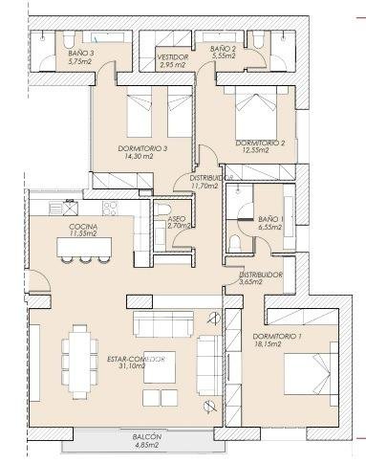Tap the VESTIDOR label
pyautogui.click(x=173, y=57)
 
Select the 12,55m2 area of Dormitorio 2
pyautogui.click(x=256, y=150)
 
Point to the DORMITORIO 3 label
pyautogui.click(x=142, y=148)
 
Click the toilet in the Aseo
pyautogui.click(x=162, y=209)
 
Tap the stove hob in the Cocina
pyautogui.click(x=110, y=209)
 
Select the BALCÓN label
pyautogui.click(x=146, y=437)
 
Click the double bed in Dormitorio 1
pyautogui.click(x=311, y=373)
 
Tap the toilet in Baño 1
pyautogui.click(x=235, y=243)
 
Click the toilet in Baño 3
pyautogui.click(x=68, y=39)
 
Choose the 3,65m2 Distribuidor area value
pyautogui.click(x=250, y=282)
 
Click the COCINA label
pyautogui.click(x=83, y=227)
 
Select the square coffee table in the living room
pyautogui.click(x=160, y=367)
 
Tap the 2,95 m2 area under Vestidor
pyautogui.click(x=172, y=64)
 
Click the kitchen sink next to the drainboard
pyautogui.click(x=70, y=209)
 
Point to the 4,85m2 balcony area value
pyautogui.click(x=146, y=445)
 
